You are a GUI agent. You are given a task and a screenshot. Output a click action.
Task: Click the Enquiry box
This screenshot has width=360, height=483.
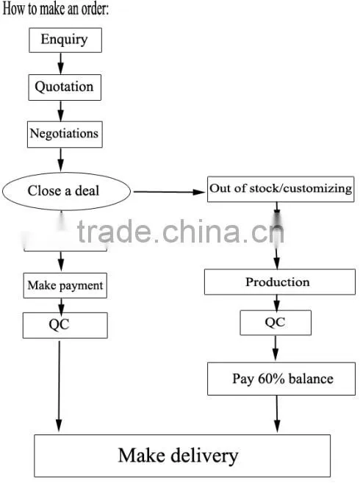65,40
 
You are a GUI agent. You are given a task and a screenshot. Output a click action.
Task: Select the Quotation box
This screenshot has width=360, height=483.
65,87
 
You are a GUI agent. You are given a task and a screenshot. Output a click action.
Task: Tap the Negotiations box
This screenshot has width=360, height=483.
65,135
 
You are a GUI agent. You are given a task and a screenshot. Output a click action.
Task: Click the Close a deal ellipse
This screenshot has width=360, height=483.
66,191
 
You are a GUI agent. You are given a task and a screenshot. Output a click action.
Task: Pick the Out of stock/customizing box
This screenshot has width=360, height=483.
281,189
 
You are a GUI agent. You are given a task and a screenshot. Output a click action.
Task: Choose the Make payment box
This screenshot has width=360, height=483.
65,285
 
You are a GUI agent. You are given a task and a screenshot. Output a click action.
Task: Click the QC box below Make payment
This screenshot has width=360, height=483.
65,325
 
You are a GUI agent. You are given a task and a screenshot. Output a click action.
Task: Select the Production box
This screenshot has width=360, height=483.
280,282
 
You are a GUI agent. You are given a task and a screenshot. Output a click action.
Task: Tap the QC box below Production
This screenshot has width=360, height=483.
276,323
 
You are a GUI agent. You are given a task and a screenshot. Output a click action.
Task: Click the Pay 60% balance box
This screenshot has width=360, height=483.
281,379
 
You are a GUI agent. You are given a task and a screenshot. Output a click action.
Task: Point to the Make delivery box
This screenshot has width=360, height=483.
182,456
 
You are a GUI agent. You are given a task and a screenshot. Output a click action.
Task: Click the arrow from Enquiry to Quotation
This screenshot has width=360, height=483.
61,63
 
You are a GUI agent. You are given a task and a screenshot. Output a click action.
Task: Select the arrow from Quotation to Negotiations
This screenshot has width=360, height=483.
61,111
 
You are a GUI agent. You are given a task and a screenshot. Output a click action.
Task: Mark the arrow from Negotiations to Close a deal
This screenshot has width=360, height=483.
61,160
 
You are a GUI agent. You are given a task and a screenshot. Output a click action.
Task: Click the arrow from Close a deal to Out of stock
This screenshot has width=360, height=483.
169,192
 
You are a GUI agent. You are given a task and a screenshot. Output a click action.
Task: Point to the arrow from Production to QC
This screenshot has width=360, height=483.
276,303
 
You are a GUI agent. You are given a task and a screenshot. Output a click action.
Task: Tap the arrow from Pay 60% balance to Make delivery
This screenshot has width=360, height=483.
277,414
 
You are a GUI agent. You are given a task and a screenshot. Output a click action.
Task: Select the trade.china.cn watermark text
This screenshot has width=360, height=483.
180,231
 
